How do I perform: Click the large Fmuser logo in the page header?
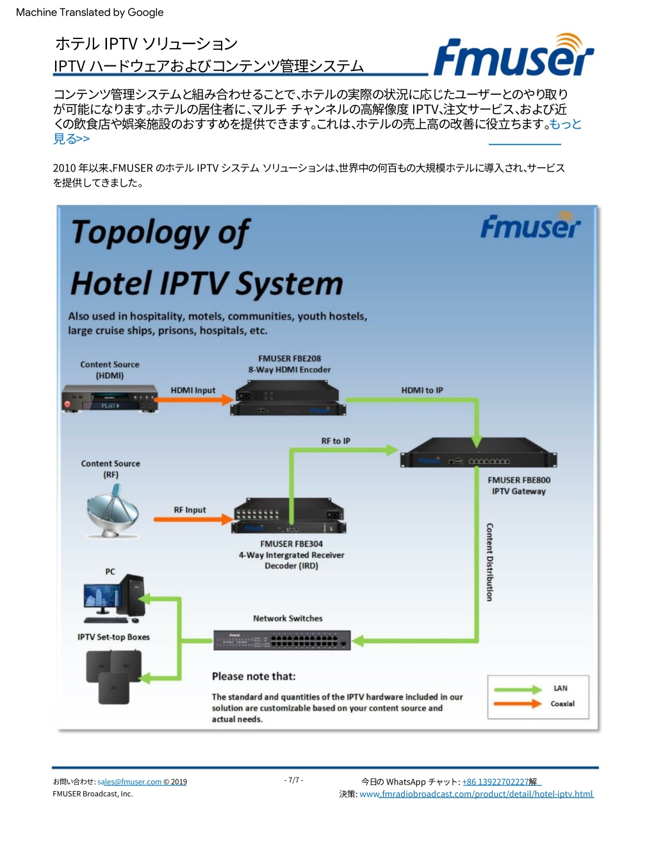tap(514, 54)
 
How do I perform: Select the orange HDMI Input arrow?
tap(194, 399)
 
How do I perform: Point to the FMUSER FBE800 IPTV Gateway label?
tap(518, 486)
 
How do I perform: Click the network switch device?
tap(282, 640)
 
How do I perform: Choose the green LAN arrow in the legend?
tap(518, 690)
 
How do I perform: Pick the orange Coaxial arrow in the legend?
tap(518, 704)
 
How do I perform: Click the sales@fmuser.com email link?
tap(129, 781)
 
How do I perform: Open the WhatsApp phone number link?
tap(495, 781)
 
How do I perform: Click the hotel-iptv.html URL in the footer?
tap(477, 794)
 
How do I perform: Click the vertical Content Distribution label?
tap(489, 563)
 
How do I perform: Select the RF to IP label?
tap(336, 441)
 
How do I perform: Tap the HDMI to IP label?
tap(422, 390)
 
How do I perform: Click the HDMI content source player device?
tap(110, 399)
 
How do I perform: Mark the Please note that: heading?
tap(254, 676)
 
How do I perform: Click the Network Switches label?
tap(288, 618)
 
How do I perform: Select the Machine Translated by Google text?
tap(90, 13)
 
